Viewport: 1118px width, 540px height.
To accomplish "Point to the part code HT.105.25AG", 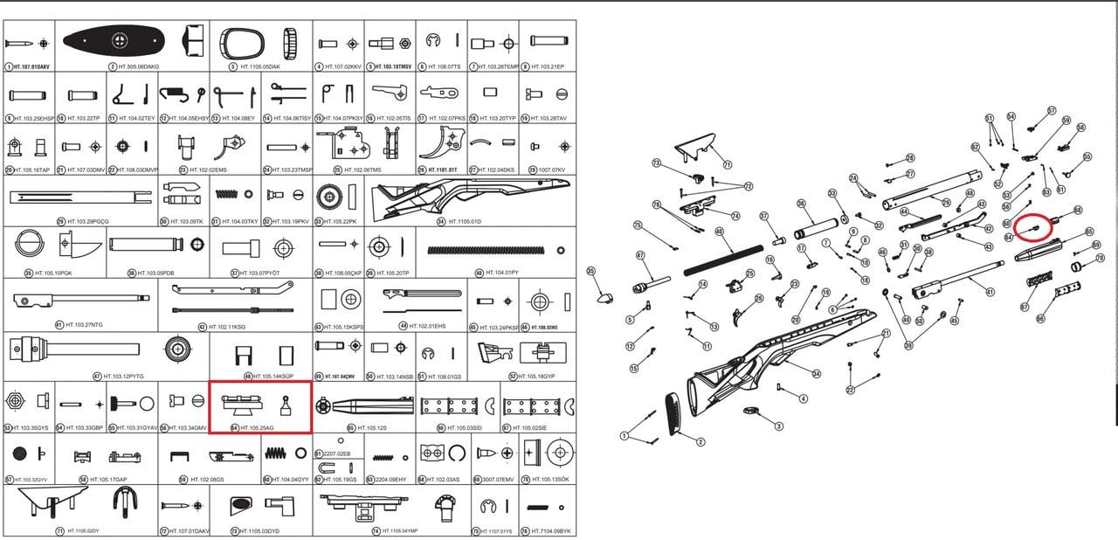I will click(252, 428).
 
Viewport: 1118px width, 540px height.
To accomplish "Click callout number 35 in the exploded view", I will click(590, 271).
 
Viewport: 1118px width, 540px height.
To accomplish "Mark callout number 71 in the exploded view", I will click(727, 163).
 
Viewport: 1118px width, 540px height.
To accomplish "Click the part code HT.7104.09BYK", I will click(550, 531).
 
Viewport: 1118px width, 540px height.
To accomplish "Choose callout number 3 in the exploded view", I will click(778, 426).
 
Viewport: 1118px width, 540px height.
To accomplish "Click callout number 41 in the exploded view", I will click(990, 292).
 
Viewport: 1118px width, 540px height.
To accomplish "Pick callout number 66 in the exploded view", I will click(1039, 318).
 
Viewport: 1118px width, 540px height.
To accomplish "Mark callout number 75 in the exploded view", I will click(638, 225).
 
